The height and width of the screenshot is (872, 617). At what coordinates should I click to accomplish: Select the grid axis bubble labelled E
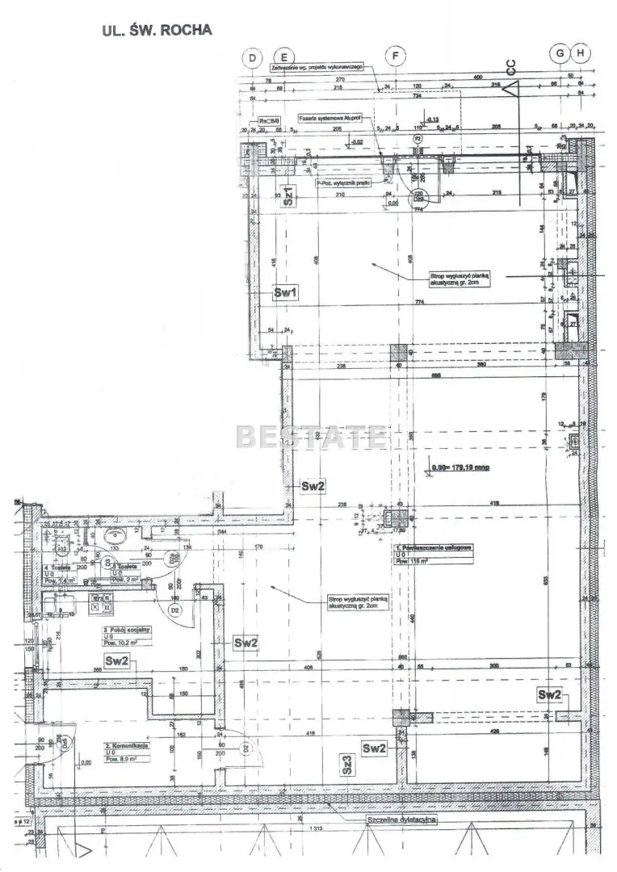283,57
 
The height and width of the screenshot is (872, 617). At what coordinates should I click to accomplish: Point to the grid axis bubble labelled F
396,57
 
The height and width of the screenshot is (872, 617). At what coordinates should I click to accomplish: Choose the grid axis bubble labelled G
560,53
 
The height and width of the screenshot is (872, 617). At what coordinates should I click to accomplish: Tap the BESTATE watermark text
310,437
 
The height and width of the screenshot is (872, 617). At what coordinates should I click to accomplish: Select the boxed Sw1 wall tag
286,294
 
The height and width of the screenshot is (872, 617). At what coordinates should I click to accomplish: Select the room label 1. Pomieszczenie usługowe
433,547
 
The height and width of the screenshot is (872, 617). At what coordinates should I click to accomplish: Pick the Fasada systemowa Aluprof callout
331,117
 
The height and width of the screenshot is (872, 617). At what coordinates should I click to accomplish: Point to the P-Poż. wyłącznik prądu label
342,183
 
